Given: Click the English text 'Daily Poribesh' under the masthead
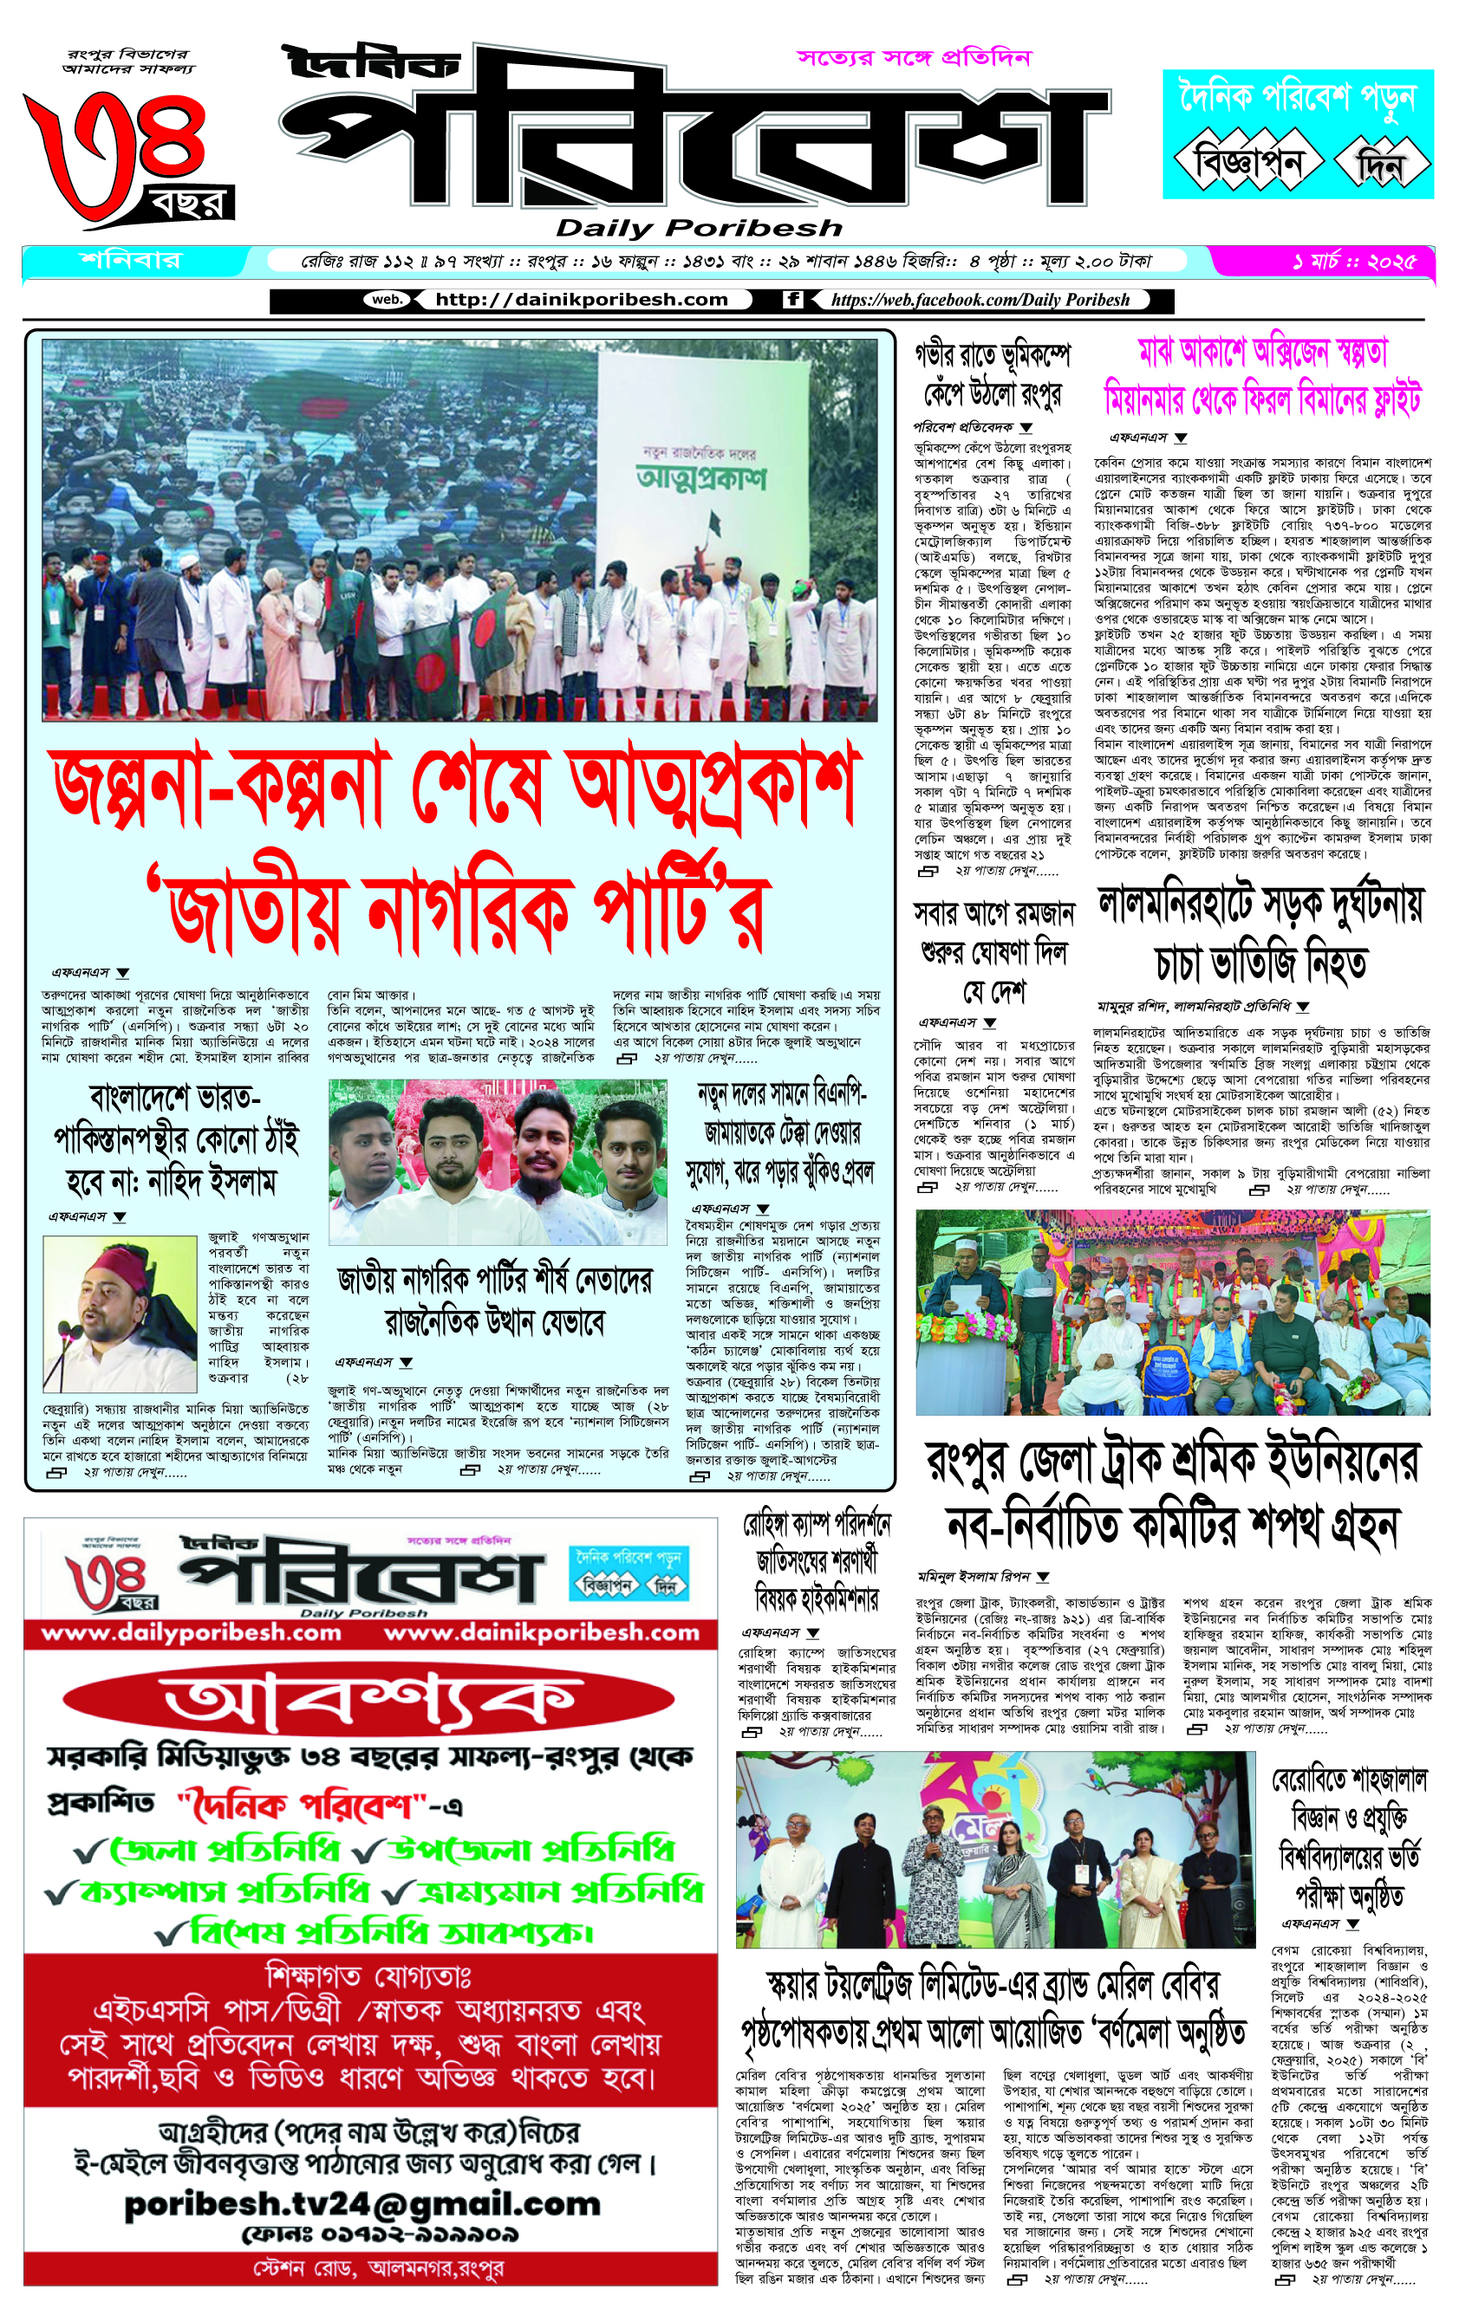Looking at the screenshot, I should tap(698, 229).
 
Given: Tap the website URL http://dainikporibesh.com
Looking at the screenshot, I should tap(581, 300).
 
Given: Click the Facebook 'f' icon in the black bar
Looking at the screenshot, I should tap(793, 300).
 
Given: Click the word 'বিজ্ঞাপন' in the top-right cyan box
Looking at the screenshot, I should tap(1247, 160).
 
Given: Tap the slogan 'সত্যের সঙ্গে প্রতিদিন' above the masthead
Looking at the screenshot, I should tap(914, 58).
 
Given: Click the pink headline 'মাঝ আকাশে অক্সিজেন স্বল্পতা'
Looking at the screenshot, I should tap(1263, 354).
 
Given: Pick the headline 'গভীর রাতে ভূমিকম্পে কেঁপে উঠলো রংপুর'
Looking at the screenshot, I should tap(992, 375).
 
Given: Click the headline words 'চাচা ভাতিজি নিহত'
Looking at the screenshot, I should tap(1259, 964).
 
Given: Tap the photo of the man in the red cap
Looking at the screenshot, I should tap(120, 1313).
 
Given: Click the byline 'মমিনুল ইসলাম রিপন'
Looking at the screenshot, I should tap(974, 1577).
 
